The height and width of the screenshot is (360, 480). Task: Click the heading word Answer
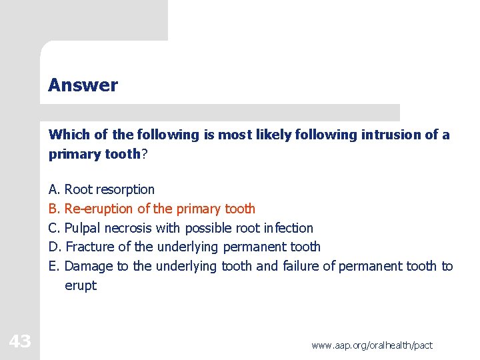coord(83,85)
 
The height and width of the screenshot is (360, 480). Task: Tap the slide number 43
coord(20,342)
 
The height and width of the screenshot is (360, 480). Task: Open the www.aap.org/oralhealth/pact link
coord(371,345)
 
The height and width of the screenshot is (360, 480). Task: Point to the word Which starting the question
coord(69,135)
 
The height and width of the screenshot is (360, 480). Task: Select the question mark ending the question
coord(145,154)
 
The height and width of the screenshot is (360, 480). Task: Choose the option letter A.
coord(54,190)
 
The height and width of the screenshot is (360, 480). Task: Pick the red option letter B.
coord(54,209)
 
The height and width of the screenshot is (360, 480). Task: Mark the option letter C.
coord(54,228)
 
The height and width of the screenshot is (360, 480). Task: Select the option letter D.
coord(55,247)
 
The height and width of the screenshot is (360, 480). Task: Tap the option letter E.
coord(54,267)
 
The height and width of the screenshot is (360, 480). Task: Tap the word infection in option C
coord(287,228)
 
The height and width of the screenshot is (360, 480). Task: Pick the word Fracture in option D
coord(91,247)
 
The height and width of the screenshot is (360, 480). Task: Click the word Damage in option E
coord(89,267)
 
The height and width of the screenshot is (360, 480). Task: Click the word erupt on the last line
coord(81,286)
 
